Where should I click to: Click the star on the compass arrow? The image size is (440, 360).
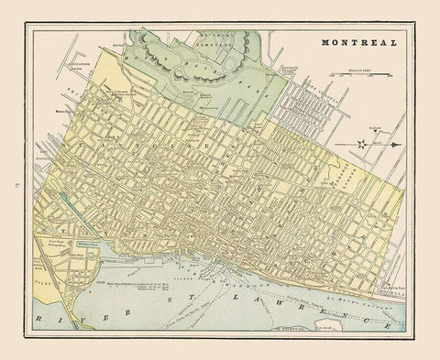(x=364, y=143)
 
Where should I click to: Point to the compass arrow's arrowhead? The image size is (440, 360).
(x=395, y=143)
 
